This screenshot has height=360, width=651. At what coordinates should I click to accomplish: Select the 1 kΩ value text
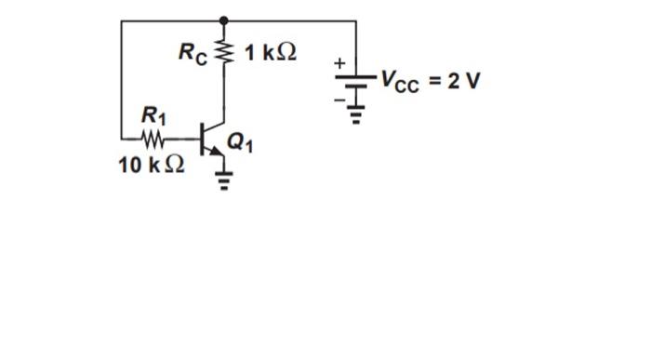270,52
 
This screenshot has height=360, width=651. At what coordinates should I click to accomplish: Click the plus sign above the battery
340,62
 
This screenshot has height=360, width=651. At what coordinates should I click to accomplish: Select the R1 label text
153,116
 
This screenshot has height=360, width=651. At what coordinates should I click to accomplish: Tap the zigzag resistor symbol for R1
153,140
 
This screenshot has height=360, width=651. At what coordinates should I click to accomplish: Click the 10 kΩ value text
152,166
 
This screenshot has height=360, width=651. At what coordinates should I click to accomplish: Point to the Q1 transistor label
239,142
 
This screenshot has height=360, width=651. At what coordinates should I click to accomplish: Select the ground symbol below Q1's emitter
223,179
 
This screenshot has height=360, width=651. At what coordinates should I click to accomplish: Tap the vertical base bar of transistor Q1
204,140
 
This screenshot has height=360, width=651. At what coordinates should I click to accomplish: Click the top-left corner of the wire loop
122,20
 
